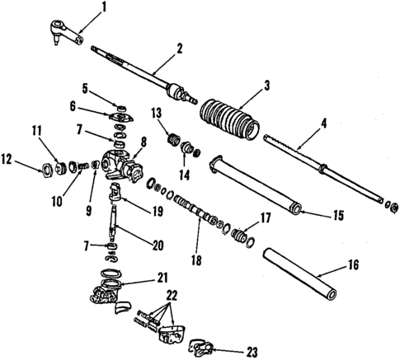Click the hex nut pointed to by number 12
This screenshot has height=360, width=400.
[48, 170]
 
